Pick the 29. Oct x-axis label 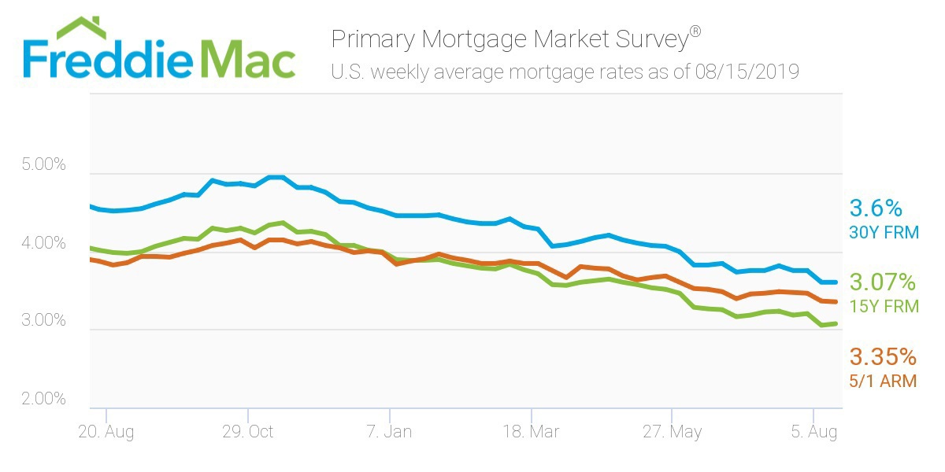247,432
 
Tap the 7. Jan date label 389,432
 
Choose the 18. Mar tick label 531,432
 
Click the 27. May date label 672,432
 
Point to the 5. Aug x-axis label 813,432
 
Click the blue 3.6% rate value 875,208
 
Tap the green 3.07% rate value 883,282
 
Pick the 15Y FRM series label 884,307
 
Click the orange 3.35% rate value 883,357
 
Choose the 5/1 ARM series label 884,382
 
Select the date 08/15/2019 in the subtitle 747,72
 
